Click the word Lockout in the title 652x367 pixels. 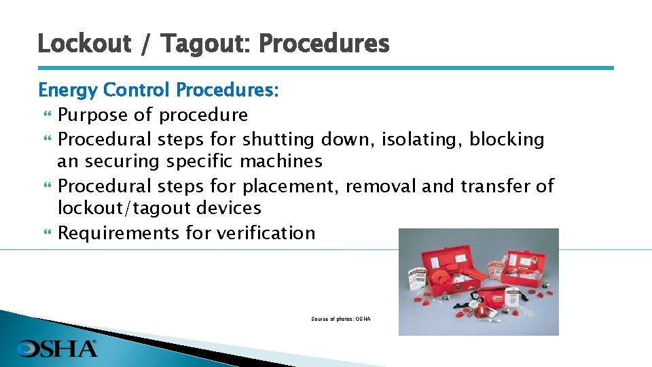point(84,43)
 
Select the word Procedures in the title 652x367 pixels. point(324,43)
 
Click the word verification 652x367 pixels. point(266,233)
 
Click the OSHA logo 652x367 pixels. point(58,349)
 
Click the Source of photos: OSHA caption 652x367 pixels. point(340,319)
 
